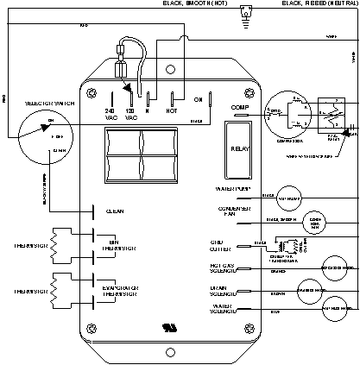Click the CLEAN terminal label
115,210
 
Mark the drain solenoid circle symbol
309,289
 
